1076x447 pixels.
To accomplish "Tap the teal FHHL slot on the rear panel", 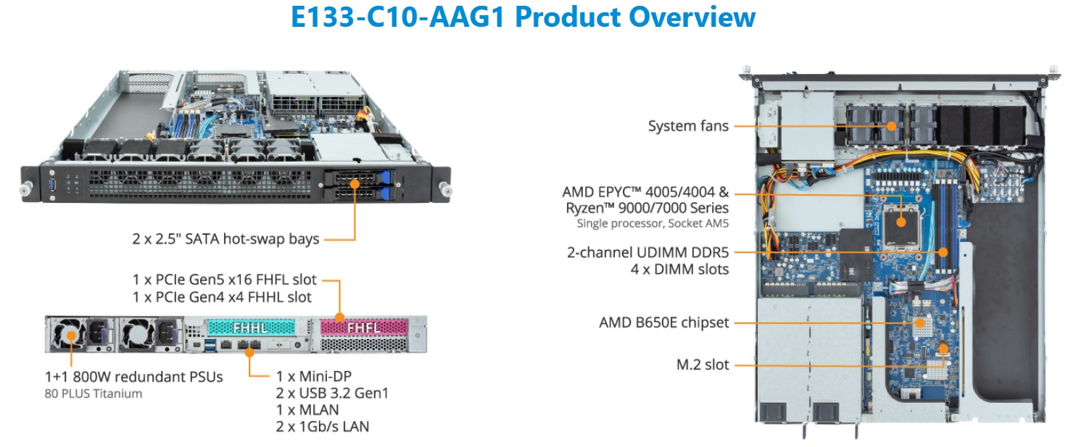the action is coord(251,327).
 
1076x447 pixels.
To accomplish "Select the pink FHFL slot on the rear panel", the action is coord(364,327).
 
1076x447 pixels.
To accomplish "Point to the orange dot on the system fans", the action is coord(892,126).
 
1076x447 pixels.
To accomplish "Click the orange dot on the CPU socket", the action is coord(901,222).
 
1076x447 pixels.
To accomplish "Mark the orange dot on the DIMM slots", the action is coord(943,252).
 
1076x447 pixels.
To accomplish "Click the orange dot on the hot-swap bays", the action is coord(355,184).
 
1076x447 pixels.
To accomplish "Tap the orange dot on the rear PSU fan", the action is coord(71,335).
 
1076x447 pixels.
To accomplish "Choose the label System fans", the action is coord(688,126).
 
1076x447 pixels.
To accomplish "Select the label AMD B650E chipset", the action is coord(663,322).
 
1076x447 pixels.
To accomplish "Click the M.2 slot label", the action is coord(703,365).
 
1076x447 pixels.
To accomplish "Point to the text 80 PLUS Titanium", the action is coord(94,393).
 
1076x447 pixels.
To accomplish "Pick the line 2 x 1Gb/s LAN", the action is coord(323,427).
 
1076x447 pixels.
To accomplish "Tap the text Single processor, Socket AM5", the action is coord(653,223).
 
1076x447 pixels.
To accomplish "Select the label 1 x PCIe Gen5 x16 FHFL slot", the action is coord(224,280).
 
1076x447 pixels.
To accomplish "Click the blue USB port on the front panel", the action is coord(52,183).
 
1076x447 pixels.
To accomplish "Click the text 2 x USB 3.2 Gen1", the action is coord(332,393).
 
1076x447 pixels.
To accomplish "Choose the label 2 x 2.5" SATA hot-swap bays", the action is coord(225,238).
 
